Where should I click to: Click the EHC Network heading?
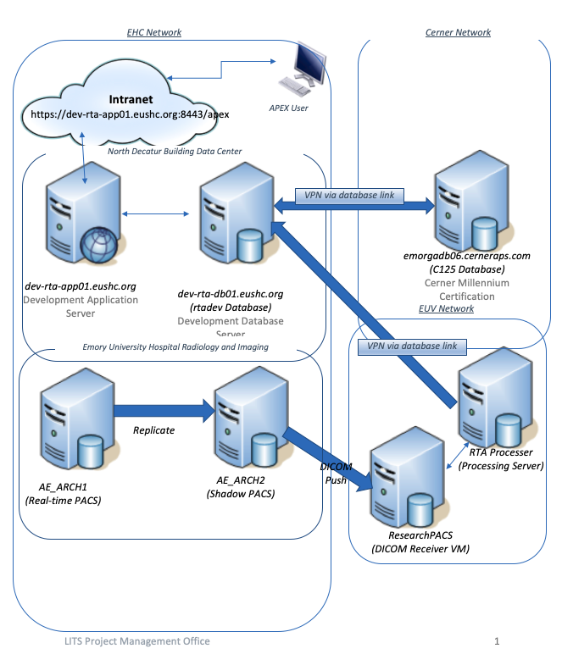click(x=153, y=33)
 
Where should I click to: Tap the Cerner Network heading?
click(x=458, y=33)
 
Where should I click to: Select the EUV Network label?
click(x=446, y=309)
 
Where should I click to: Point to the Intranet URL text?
click(x=130, y=113)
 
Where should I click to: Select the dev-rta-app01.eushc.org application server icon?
click(x=78, y=222)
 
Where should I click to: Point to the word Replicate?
click(x=153, y=430)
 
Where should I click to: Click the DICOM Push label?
click(x=335, y=474)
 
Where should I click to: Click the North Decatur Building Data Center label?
click(x=175, y=151)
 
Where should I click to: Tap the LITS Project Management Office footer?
click(x=128, y=641)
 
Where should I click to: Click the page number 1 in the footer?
click(x=497, y=641)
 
